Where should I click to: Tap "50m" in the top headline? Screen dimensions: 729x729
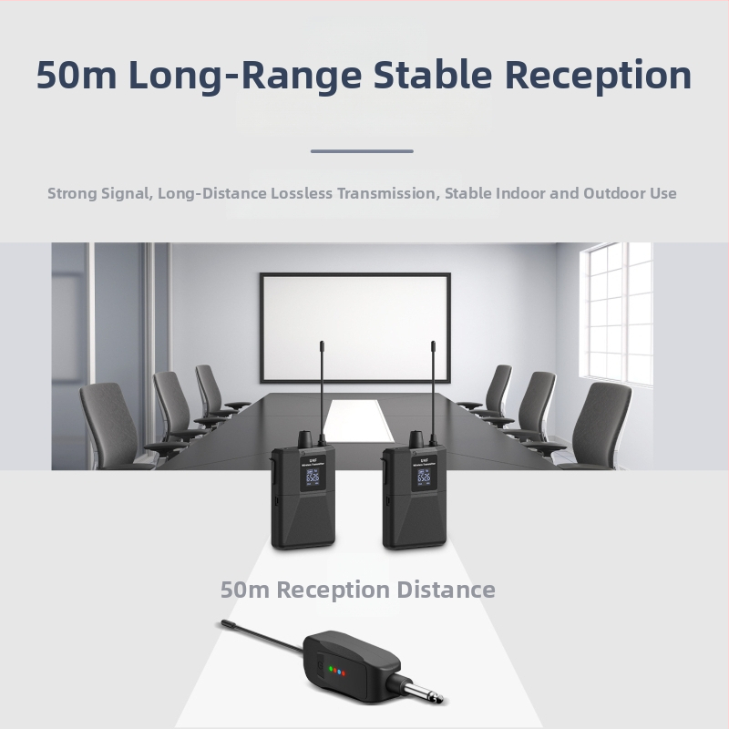[77, 76]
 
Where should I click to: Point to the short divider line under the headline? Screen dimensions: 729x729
[362, 151]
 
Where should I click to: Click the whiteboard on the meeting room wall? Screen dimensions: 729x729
[355, 326]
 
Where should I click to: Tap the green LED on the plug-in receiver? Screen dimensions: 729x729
[331, 671]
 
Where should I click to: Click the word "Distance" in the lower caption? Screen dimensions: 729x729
[446, 590]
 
